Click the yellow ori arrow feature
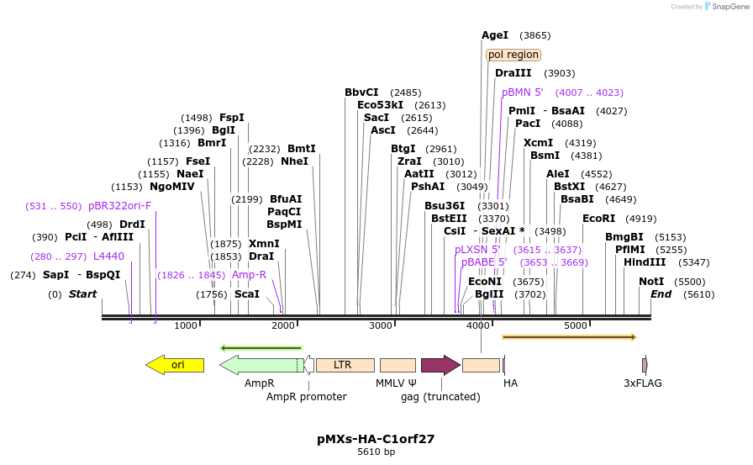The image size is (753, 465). pos(175,365)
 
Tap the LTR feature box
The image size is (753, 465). pos(343,365)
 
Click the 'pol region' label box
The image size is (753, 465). pos(513,55)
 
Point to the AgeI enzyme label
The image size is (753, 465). pos(495,35)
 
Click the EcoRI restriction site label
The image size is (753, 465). pos(598,219)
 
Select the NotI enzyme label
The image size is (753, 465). pos(651,282)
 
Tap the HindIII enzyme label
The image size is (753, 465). pos(645,262)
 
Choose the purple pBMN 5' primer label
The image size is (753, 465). pos(522,92)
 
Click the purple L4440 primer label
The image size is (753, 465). pos(108,256)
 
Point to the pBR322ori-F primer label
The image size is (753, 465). pos(119,205)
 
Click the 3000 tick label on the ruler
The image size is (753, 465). pos(381,325)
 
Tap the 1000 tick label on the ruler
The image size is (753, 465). pos(186,325)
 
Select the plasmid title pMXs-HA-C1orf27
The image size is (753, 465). pos(376,438)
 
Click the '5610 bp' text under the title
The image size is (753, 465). pos(376,452)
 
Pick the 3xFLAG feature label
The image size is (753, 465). pos(643,383)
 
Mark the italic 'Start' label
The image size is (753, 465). pos(82,294)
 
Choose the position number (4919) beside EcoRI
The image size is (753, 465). pos(642,219)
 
